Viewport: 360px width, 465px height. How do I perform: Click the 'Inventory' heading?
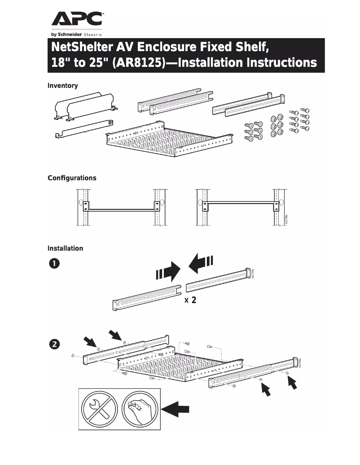[x=63, y=86]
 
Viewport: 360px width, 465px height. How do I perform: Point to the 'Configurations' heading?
[x=72, y=178]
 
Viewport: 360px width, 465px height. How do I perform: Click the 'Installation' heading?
[x=65, y=248]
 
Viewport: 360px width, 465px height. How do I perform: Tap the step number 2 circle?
[x=54, y=344]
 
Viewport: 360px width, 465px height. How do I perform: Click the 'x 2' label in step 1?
[x=190, y=300]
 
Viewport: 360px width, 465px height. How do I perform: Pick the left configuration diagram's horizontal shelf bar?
[x=123, y=209]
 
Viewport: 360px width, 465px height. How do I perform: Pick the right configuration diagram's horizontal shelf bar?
[x=241, y=202]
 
